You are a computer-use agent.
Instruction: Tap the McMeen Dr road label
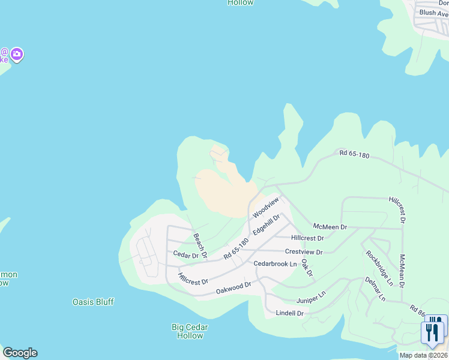[x=330, y=227]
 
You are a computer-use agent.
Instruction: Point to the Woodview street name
[x=266, y=207]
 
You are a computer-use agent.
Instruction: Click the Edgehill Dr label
[x=267, y=225]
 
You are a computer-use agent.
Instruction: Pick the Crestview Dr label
[x=304, y=252]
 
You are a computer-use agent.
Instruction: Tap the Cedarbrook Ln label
[x=275, y=264]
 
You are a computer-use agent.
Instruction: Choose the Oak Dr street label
[x=307, y=268]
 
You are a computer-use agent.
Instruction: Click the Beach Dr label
[x=200, y=246]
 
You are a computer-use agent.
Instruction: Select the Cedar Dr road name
[x=185, y=255]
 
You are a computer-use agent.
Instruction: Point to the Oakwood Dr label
[x=233, y=289]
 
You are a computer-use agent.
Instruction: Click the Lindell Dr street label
[x=290, y=313]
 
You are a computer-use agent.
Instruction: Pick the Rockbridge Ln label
[x=379, y=266]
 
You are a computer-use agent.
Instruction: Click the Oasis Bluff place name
[x=93, y=302]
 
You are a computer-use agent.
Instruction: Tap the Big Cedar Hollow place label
[x=190, y=331]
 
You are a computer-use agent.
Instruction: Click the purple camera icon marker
[x=17, y=55]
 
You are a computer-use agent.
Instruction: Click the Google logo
[x=20, y=353]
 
